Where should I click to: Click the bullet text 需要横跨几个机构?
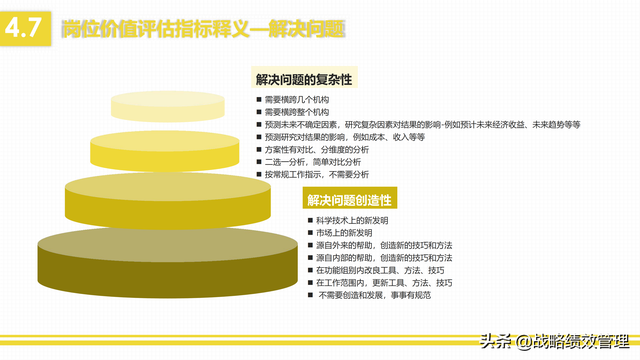click(300, 101)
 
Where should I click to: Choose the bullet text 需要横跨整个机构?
click(300, 113)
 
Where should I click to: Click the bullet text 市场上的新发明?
click(351, 233)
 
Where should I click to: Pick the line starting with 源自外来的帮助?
click(384, 245)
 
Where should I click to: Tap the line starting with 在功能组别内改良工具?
click(380, 270)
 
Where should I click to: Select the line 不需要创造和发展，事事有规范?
click(375, 295)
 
